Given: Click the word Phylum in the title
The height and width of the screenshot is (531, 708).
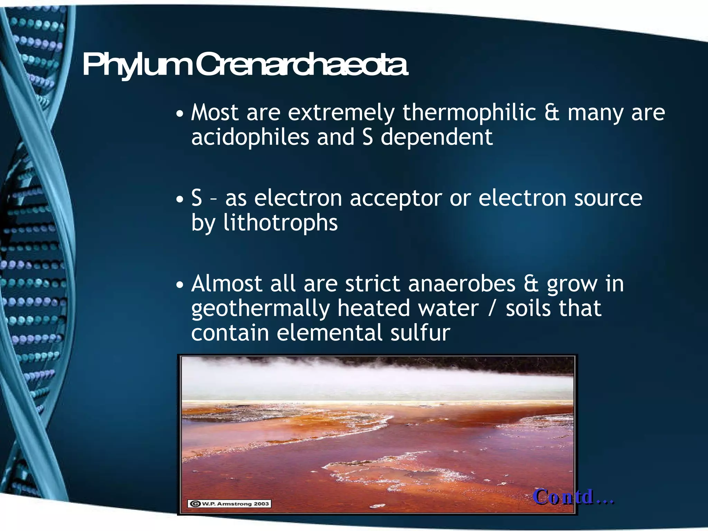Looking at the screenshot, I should click(x=137, y=66).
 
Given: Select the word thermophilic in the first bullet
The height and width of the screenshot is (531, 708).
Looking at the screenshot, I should click(x=469, y=113).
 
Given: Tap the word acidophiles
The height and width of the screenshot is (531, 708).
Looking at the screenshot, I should click(x=250, y=137).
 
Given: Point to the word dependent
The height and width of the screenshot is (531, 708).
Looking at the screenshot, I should click(x=436, y=137).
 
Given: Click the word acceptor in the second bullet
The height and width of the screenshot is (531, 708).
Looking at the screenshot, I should click(x=395, y=199).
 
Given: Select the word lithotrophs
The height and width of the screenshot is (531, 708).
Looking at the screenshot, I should click(x=280, y=223).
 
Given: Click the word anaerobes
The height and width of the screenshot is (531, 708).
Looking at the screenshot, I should click(x=462, y=284).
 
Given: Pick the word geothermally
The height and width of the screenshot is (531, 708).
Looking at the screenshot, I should click(x=260, y=309).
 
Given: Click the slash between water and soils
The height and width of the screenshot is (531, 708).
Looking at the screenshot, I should click(x=492, y=309).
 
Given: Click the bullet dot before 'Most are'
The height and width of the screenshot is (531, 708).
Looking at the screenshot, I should click(x=179, y=114).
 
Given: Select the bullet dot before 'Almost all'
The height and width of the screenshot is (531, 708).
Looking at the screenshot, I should click(x=179, y=285).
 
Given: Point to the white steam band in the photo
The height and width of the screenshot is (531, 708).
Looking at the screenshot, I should click(x=377, y=382).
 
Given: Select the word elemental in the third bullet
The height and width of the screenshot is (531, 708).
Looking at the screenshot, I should click(x=329, y=333).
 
